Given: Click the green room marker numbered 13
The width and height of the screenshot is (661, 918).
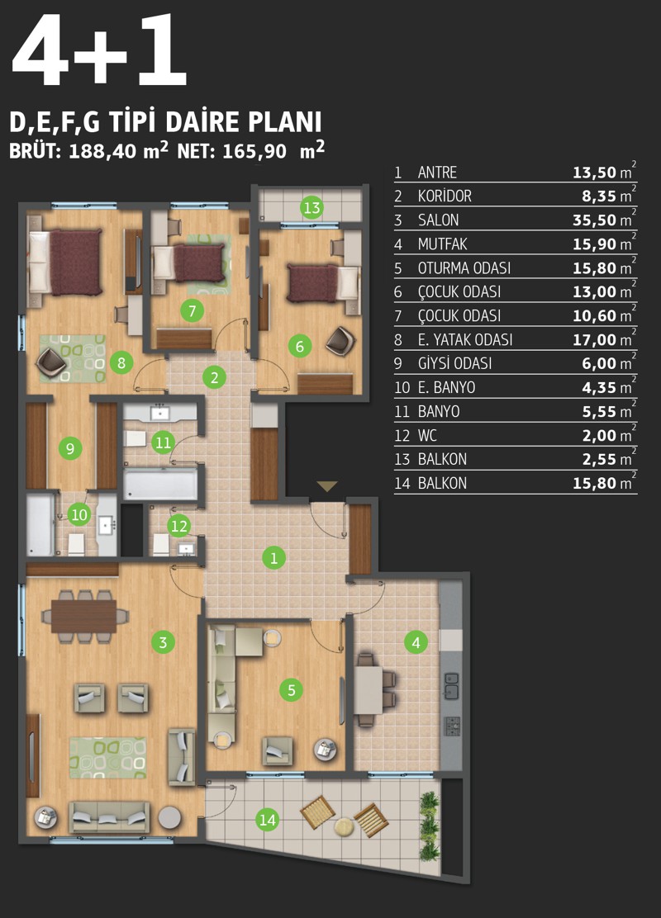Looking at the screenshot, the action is [311, 207].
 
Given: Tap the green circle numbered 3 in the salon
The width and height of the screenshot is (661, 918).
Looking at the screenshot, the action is [163, 642].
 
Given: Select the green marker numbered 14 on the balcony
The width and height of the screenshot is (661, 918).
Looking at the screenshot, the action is [267, 820].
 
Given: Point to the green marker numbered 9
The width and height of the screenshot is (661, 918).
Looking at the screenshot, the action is [70, 448].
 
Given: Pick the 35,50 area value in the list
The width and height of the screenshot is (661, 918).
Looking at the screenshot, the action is [595, 220].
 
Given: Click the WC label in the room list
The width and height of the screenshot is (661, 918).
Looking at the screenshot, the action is [427, 436].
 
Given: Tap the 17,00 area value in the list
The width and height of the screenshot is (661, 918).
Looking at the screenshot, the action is [595, 339].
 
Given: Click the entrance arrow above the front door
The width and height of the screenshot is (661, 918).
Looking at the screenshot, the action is [327, 486].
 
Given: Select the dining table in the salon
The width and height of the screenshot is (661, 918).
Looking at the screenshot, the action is [83, 616].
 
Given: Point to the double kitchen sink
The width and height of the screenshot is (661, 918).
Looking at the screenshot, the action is [451, 685].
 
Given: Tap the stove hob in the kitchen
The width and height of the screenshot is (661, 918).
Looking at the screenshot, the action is [453, 726].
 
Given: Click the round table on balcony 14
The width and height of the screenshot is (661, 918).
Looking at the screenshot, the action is [344, 826].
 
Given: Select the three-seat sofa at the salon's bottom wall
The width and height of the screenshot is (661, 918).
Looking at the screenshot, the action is [109, 817].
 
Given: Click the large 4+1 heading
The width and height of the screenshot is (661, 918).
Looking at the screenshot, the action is [100, 50].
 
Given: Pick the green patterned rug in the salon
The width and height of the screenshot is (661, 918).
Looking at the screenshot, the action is [107, 758].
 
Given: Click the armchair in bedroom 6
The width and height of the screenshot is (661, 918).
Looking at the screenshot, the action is [340, 341].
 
